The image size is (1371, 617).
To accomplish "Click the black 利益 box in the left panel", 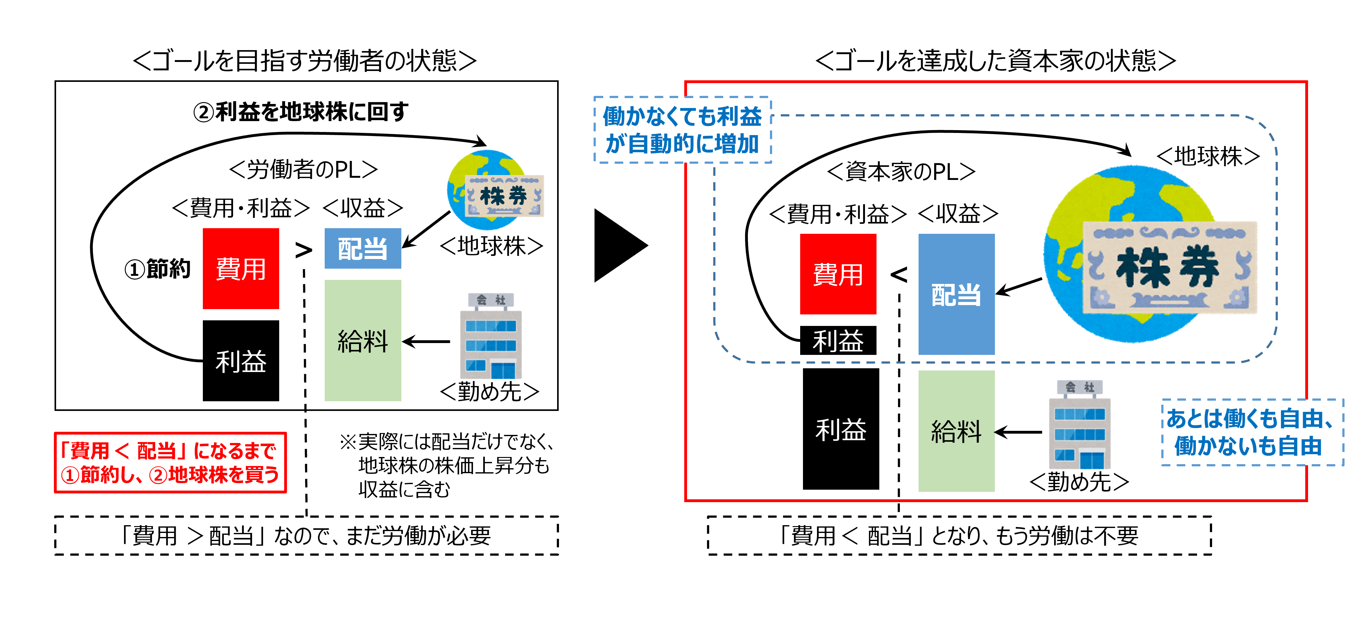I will coord(241,360).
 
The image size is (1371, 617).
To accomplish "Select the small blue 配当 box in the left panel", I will coord(362,248).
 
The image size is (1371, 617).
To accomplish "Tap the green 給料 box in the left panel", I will coord(362,341).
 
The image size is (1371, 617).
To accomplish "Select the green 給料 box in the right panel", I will coord(956,431).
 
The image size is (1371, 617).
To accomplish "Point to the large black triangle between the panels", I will coord(617,245).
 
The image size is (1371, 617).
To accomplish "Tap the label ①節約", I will coord(158,269).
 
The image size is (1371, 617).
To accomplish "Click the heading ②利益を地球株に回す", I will coord(301,112).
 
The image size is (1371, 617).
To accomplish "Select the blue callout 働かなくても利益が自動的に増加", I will coord(682,130).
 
